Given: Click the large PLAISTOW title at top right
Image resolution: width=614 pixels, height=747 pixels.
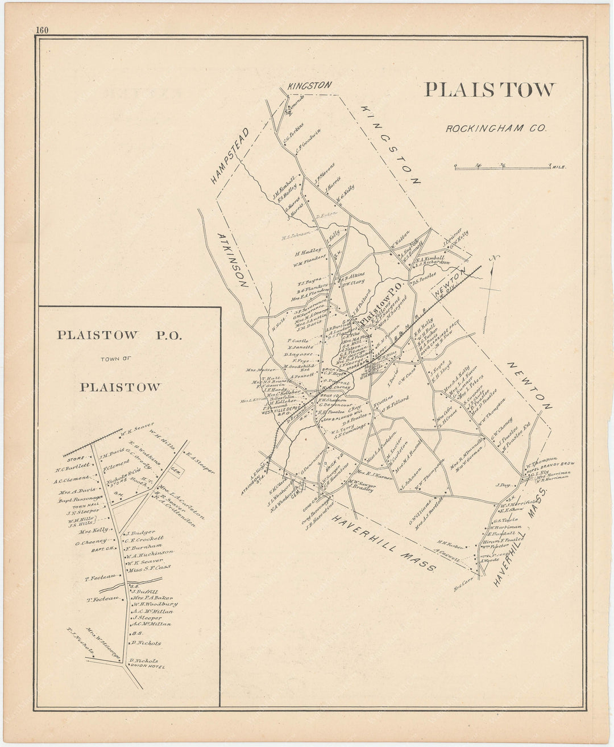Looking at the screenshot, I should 489,90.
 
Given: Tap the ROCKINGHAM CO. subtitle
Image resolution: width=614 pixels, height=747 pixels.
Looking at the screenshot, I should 496,129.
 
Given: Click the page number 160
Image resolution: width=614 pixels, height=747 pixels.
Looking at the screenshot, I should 41,31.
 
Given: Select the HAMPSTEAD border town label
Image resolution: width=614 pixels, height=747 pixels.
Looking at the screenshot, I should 230,155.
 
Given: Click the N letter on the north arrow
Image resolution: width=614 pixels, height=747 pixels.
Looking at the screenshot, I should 494,258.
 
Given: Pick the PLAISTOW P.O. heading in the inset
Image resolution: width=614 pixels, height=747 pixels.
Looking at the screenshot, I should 119,336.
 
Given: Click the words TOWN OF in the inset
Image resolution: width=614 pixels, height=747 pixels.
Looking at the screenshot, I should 119,359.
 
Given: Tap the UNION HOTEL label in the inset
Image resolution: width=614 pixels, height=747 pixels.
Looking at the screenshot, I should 147,666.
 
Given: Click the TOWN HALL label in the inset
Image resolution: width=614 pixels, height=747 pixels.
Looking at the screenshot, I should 86,505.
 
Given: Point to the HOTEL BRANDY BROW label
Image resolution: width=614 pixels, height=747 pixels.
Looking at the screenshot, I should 550,467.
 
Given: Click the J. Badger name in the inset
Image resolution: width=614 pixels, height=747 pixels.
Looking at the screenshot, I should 140,533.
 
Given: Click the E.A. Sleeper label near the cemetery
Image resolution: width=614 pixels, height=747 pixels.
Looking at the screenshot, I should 200,463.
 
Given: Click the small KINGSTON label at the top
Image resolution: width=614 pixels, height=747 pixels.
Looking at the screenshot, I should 309,85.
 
